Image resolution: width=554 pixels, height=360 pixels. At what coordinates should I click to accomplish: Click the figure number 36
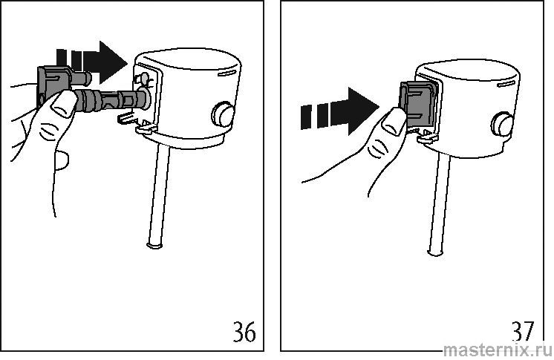point(244,331)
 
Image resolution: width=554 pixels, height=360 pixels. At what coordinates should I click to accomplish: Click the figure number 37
point(523,331)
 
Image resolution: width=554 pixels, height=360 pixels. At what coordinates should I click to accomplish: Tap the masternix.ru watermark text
point(498,350)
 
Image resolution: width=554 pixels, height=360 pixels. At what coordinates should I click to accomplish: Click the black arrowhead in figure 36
point(113,62)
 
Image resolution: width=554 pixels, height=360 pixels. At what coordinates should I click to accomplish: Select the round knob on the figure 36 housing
point(223,114)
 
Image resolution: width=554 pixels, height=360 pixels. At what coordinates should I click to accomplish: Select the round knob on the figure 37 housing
point(502,124)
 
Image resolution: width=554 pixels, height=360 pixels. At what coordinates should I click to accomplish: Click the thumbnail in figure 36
point(65,103)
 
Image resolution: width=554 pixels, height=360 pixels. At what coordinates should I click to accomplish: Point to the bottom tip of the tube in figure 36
point(154,246)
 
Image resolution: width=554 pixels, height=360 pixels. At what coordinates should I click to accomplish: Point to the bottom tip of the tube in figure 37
point(434,253)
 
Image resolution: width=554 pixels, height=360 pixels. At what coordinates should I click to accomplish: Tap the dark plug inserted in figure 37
point(418,104)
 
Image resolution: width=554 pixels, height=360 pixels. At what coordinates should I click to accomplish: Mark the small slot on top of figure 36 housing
point(226,73)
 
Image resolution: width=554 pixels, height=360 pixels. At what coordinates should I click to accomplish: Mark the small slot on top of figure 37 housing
point(506,84)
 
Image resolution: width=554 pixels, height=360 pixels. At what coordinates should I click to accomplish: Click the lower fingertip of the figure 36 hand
point(62,160)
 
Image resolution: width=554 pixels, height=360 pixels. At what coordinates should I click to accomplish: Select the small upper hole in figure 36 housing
point(145,77)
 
